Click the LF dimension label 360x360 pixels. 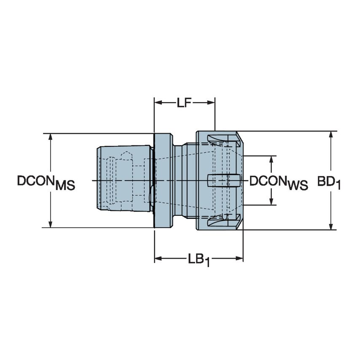184,102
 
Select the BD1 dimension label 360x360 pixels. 328,182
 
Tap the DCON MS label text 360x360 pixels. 46,182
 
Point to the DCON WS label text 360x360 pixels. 278,182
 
